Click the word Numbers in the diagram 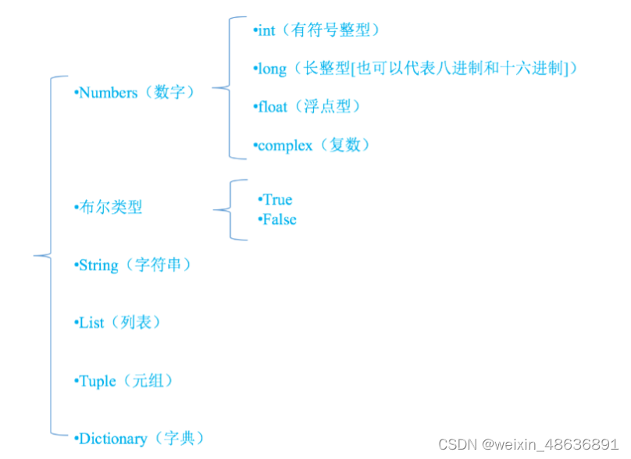click(109, 92)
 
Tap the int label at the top click(266, 30)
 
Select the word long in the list click(273, 69)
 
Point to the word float click(273, 106)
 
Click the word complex click(284, 145)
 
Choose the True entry click(277, 200)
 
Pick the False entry click(280, 219)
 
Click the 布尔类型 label click(110, 207)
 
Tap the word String click(98, 265)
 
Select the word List click(91, 322)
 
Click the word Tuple click(98, 381)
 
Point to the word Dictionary click(112, 439)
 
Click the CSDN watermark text click(458, 443)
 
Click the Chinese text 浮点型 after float click(330, 106)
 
